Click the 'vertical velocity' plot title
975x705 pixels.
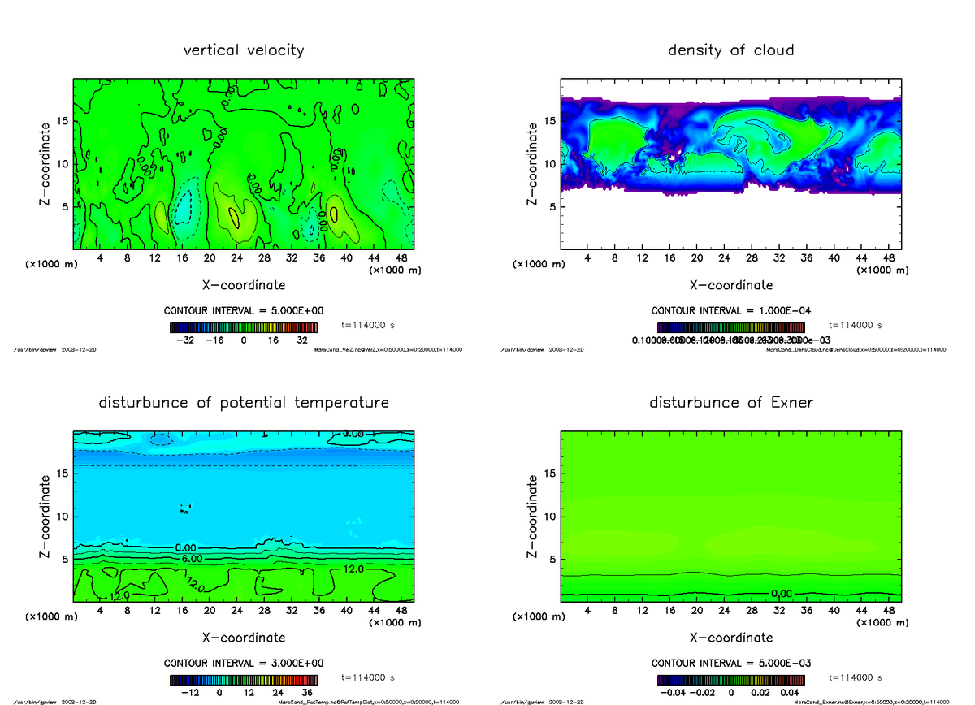click(x=244, y=50)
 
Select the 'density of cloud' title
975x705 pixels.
click(x=730, y=50)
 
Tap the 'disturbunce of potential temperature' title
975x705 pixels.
click(x=244, y=403)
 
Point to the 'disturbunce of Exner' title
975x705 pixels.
click(x=730, y=403)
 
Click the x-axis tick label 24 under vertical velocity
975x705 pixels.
click(x=236, y=258)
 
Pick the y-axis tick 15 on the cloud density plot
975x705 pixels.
click(x=548, y=121)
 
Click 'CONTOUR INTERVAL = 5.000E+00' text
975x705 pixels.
click(x=244, y=311)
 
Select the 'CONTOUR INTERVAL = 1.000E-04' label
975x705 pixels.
click(x=731, y=311)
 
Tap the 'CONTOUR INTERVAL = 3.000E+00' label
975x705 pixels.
click(x=244, y=664)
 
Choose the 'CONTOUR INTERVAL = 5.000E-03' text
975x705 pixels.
click(x=731, y=664)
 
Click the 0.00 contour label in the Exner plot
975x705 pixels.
click(x=782, y=594)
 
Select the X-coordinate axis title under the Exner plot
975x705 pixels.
click(x=731, y=638)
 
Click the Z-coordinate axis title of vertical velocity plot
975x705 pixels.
click(x=48, y=163)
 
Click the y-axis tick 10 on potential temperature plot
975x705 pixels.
click(x=61, y=517)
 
